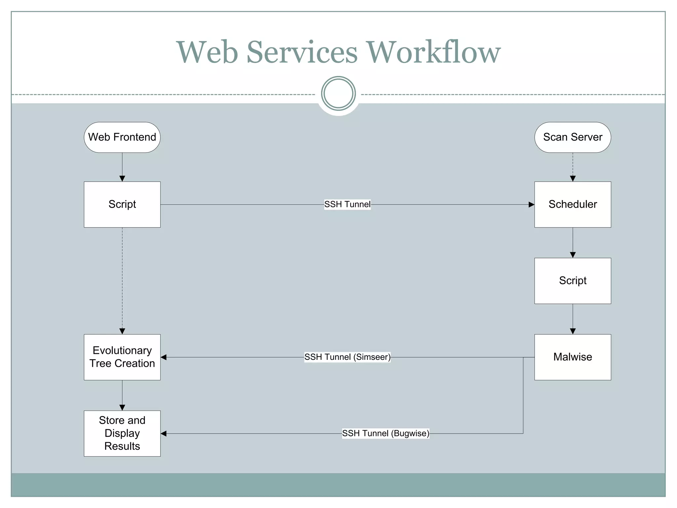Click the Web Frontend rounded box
point(122,137)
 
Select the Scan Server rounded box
point(573,137)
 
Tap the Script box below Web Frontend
point(122,204)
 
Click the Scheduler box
point(573,204)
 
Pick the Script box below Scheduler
point(573,281)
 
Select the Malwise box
point(573,357)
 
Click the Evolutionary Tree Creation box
point(122,357)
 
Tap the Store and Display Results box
point(122,433)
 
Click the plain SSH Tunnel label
point(347,204)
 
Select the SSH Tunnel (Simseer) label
point(347,357)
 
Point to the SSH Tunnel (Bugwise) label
point(385,433)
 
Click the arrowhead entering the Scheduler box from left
point(531,205)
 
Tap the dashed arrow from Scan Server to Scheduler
point(573,165)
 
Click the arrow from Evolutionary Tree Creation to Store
point(122,395)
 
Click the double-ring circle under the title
point(338,94)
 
